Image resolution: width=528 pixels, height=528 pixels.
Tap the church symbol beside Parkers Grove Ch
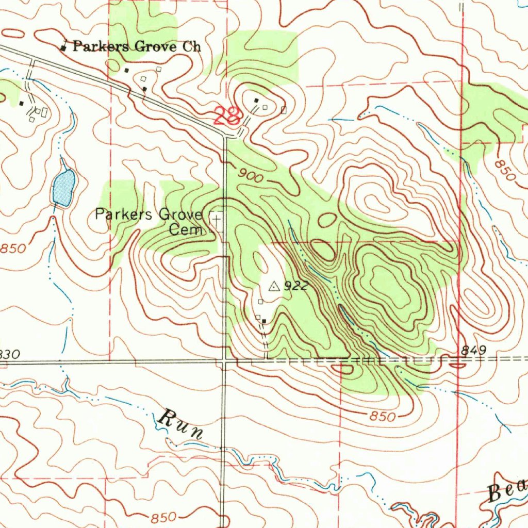[x=63, y=47]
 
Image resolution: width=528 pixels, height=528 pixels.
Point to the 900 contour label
[x=251, y=176]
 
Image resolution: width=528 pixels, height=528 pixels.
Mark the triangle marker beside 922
[x=274, y=286]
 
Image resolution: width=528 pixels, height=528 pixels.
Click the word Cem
[x=186, y=230]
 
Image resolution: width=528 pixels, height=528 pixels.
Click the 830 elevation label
[x=9, y=355]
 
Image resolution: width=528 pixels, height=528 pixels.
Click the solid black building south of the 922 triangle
[x=264, y=321]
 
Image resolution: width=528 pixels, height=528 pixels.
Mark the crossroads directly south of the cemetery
[x=224, y=361]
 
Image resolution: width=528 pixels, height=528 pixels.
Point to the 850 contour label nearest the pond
[x=12, y=248]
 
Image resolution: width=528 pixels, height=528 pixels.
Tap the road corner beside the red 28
[x=225, y=137]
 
